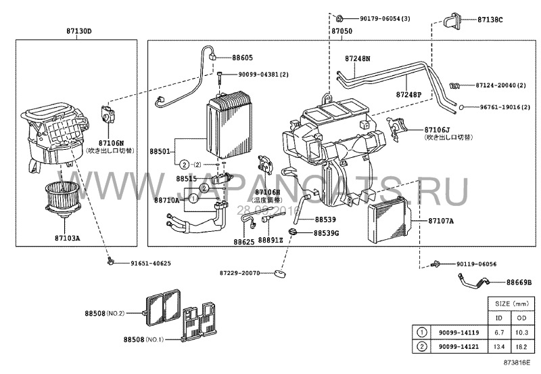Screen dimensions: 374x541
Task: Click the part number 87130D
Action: (76, 31)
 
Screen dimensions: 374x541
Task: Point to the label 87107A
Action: (441, 221)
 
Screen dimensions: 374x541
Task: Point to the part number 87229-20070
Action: (239, 273)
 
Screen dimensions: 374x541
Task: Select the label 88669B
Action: (520, 282)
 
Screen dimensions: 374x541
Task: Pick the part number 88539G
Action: (327, 233)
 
